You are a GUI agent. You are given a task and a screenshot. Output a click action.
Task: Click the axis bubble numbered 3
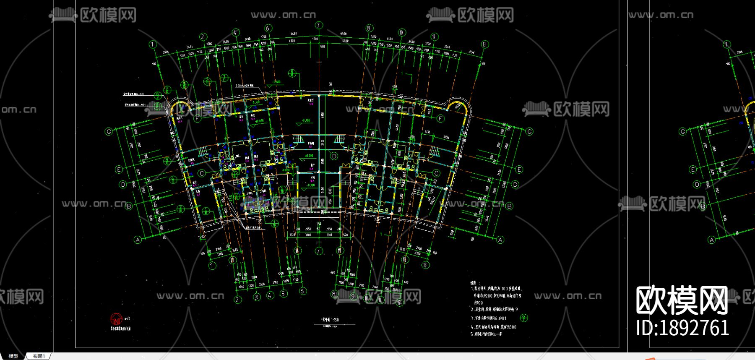pyautogui.click(x=257, y=297)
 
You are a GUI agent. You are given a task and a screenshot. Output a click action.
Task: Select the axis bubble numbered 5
pyautogui.click(x=284, y=293)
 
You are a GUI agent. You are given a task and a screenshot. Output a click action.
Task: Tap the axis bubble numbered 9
pyautogui.click(x=353, y=296)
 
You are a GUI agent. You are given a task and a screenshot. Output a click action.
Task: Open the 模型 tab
pyautogui.click(x=13, y=356)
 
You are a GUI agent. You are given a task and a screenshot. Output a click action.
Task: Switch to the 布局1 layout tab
pyautogui.click(x=39, y=356)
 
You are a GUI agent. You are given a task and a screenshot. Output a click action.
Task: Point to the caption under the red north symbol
pyautogui.click(x=120, y=329)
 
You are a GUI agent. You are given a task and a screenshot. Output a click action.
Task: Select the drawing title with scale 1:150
pyautogui.click(x=329, y=320)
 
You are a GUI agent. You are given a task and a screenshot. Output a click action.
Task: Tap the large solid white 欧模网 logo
pyautogui.click(x=682, y=300)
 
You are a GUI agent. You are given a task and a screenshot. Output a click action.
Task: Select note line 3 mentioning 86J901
pyautogui.click(x=489, y=318)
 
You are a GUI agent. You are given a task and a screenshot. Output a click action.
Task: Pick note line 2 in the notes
pyautogui.click(x=494, y=310)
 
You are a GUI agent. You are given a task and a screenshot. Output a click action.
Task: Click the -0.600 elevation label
pyautogui.click(x=276, y=82)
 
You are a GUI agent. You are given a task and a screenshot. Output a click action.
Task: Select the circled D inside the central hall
pyautogui.click(x=334, y=156)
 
